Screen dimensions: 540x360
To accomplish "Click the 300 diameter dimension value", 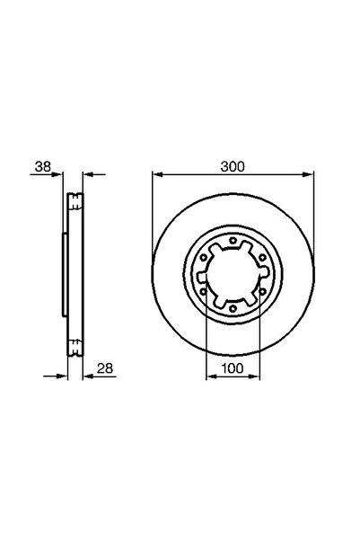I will click(233, 165).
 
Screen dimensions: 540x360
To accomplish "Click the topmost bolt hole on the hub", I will click(233, 241).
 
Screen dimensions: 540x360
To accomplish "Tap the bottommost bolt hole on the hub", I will click(233, 307).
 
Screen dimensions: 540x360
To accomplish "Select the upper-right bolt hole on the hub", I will click(261, 258).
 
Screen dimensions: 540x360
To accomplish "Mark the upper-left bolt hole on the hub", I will click(204, 258).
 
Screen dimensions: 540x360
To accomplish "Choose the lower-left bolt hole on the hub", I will click(204, 291).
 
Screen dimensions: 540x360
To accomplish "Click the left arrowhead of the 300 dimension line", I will click(154, 173).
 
